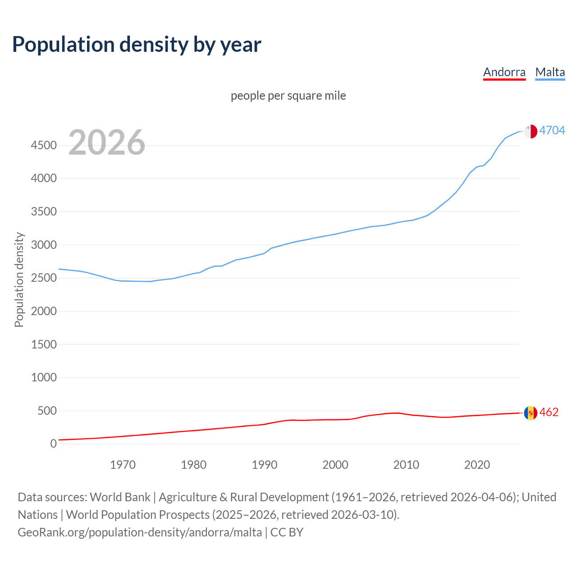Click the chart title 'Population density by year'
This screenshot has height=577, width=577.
pyautogui.click(x=137, y=45)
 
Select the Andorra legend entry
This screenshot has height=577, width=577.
pyautogui.click(x=504, y=72)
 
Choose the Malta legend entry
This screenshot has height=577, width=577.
pyautogui.click(x=550, y=72)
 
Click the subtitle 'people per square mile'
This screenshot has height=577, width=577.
pyautogui.click(x=288, y=96)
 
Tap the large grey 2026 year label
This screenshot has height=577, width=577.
pyautogui.click(x=107, y=142)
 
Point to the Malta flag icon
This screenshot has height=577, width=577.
pyautogui.click(x=531, y=131)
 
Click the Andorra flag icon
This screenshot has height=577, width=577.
pyautogui.click(x=531, y=412)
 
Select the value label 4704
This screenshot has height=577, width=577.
pyautogui.click(x=552, y=130)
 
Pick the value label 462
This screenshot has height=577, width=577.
pyautogui.click(x=549, y=412)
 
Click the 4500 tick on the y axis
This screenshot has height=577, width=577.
pyautogui.click(x=44, y=145)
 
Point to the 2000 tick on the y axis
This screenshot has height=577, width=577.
pyautogui.click(x=44, y=311)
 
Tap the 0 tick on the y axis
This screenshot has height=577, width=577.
pyautogui.click(x=54, y=444)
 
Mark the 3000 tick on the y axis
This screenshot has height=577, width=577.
pyautogui.click(x=44, y=245)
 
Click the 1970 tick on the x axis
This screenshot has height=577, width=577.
pyautogui.click(x=123, y=465)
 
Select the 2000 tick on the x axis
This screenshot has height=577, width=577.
pyautogui.click(x=335, y=465)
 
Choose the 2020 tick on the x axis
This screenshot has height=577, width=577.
pyautogui.click(x=477, y=465)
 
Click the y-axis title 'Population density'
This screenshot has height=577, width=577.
pyautogui.click(x=19, y=279)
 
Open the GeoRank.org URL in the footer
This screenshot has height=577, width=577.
pyautogui.click(x=140, y=532)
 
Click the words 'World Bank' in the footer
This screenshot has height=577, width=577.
pyautogui.click(x=120, y=497)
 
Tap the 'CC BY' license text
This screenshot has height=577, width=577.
pyautogui.click(x=287, y=532)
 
